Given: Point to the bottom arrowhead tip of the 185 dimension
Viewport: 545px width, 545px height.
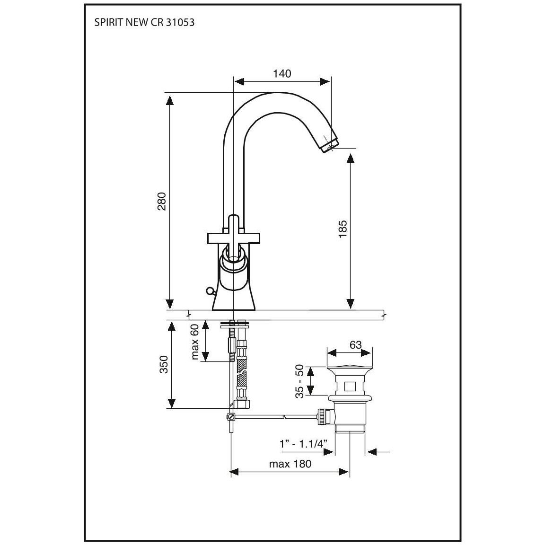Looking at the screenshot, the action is [x=351, y=308].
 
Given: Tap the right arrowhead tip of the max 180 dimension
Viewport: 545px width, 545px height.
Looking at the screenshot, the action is [x=349, y=472].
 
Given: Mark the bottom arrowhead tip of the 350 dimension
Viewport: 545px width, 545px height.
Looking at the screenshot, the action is [x=171, y=408].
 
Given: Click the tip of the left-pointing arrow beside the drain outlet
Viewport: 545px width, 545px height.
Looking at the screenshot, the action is [x=368, y=452].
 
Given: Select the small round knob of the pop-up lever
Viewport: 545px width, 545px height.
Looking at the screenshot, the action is [x=209, y=290].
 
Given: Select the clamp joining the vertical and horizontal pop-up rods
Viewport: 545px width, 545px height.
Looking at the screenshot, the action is [x=230, y=416].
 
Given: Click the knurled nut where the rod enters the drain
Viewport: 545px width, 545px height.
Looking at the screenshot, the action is [x=323, y=416].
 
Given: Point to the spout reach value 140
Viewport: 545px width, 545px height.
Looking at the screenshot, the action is [x=282, y=74].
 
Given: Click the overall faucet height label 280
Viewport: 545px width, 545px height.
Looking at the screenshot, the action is [x=162, y=201].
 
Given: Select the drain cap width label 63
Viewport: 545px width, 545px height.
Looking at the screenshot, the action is [x=356, y=345].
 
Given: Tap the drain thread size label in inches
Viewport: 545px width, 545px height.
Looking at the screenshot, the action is [x=304, y=444].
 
